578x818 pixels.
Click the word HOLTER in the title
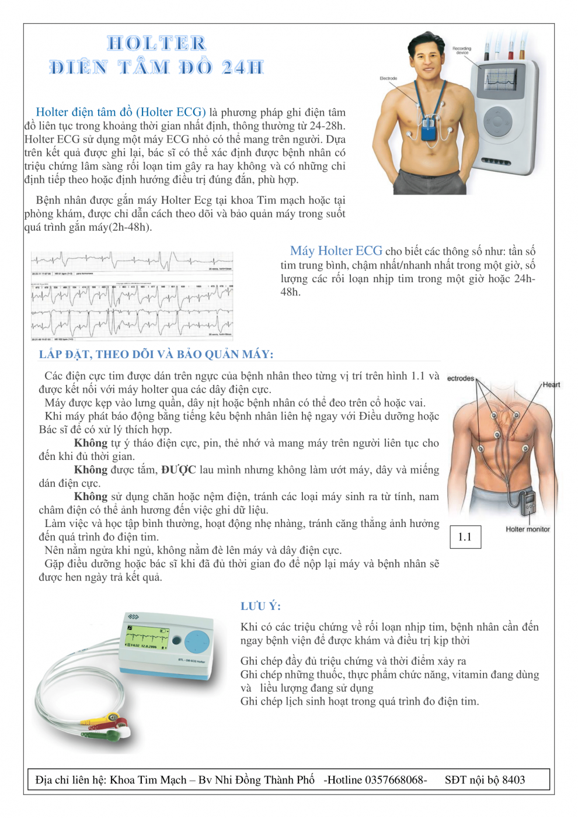click(156, 43)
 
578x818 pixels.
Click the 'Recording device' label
click(461, 50)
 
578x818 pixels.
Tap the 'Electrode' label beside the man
click(388, 78)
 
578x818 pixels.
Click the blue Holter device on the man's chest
click(430, 129)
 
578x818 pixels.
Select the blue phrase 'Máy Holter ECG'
click(336, 251)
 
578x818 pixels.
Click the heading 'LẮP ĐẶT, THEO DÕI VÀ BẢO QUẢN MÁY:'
click(156, 354)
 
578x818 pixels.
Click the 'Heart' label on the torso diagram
click(551, 384)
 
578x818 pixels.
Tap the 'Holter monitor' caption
click(527, 529)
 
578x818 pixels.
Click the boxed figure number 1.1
click(465, 537)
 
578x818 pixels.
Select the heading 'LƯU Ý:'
click(260, 606)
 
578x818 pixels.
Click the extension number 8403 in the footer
click(513, 780)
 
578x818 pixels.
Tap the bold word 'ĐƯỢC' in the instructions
click(178, 470)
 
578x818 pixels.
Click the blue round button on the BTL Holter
click(196, 642)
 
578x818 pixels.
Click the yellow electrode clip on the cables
click(109, 718)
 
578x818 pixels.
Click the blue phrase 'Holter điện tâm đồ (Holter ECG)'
click(120, 112)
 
